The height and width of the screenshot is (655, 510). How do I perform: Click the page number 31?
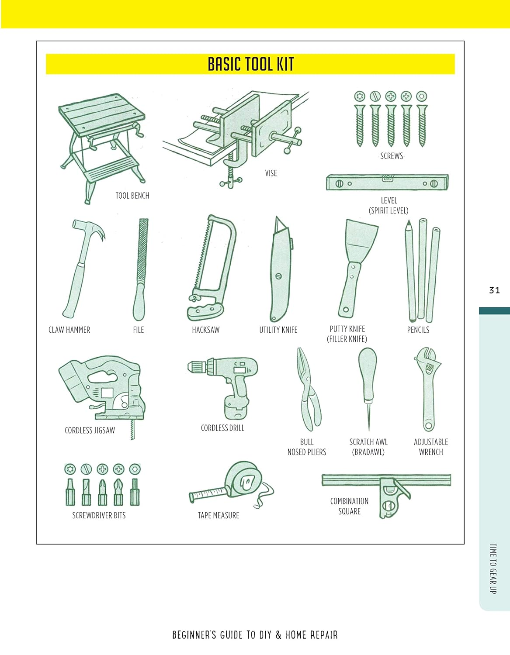[x=494, y=290]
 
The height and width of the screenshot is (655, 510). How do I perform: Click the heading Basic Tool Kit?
[x=250, y=64]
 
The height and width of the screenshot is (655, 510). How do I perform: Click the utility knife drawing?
[x=280, y=271]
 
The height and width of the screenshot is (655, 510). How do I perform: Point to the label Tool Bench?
[x=132, y=196]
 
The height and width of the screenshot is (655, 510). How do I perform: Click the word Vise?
[x=271, y=173]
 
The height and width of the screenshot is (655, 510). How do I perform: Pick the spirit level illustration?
[x=387, y=183]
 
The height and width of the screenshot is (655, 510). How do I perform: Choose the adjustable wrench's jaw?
[x=427, y=358]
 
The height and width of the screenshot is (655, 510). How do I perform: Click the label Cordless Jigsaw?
[x=90, y=431]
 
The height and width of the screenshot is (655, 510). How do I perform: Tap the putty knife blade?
[x=361, y=240]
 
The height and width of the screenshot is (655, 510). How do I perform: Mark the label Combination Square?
[x=349, y=506]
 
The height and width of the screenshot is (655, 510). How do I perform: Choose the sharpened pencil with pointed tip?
[x=410, y=271]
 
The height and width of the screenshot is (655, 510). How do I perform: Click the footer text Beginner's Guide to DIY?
[x=255, y=635]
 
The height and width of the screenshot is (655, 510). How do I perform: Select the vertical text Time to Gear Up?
[x=493, y=568]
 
